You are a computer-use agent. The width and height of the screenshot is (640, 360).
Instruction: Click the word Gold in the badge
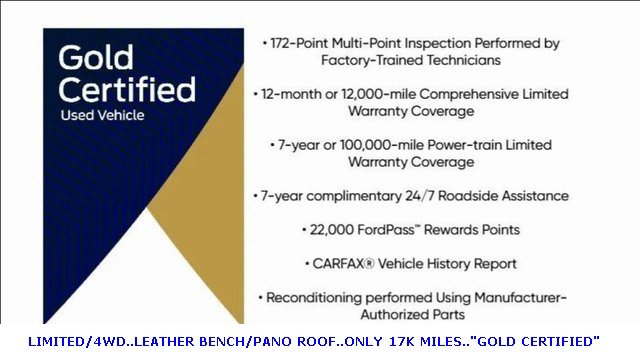pos(96,57)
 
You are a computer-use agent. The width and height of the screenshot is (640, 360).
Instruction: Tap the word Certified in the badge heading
pos(126,89)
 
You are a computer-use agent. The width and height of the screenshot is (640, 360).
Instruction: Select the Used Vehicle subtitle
pos(101,115)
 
